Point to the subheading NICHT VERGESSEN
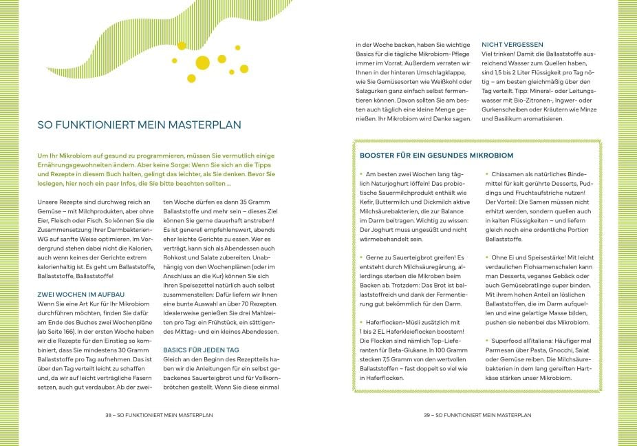(512, 45)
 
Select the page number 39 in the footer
(426, 415)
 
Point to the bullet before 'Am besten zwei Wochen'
(361, 175)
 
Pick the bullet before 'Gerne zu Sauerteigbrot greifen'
(361, 255)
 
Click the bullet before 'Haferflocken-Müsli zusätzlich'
(361, 322)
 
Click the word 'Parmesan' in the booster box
(501, 349)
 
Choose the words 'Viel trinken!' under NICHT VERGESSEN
(499, 54)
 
